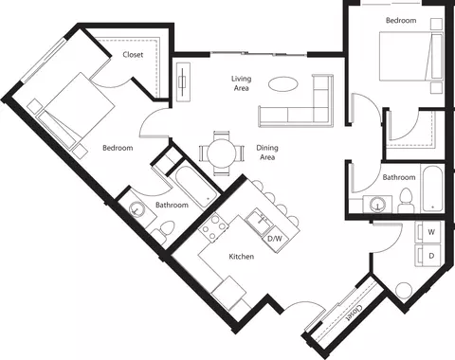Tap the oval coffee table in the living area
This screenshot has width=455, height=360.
pyautogui.click(x=282, y=84)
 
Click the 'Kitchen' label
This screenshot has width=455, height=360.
pyautogui.click(x=241, y=257)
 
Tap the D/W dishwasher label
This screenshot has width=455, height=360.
pyautogui.click(x=275, y=239)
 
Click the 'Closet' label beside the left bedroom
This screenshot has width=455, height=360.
pyautogui.click(x=134, y=56)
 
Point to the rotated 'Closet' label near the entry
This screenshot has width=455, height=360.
pyautogui.click(x=353, y=310)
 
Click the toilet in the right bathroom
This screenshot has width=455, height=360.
pyautogui.click(x=406, y=200)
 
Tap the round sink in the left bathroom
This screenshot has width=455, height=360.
pyautogui.click(x=138, y=210)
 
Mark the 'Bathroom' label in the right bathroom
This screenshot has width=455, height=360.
pyautogui.click(x=398, y=177)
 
